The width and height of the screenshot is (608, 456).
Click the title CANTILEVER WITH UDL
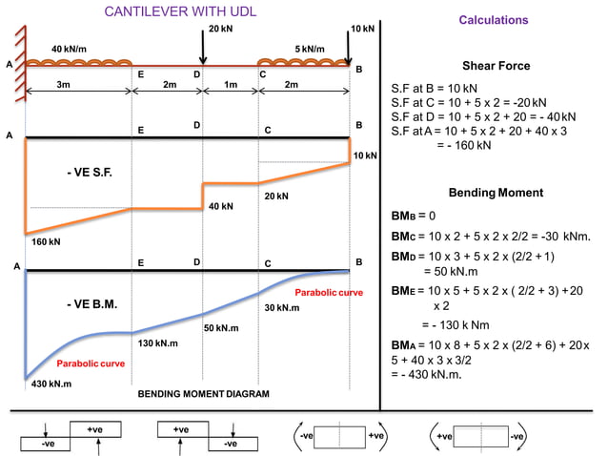[x=180, y=11]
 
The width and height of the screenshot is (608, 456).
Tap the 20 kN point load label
[x=221, y=29]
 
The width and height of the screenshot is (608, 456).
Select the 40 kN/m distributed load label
[x=69, y=50]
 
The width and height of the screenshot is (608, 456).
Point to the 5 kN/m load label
[x=310, y=50]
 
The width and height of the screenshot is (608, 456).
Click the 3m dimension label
[x=63, y=84]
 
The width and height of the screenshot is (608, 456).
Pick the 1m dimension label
[x=231, y=84]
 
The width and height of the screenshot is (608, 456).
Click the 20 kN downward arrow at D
[x=202, y=47]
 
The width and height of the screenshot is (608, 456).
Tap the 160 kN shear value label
[x=46, y=241]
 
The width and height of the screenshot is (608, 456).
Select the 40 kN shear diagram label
[x=221, y=206]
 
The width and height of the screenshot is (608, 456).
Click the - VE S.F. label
[x=90, y=173]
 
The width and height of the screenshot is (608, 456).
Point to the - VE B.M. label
[x=91, y=304]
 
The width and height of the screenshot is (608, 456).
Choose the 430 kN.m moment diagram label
[x=51, y=383]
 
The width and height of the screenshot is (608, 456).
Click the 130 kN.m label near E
[x=158, y=343]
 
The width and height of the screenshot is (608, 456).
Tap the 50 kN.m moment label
[x=221, y=328]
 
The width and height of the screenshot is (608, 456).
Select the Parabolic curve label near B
[x=329, y=293]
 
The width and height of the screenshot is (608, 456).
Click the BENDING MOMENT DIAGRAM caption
[x=204, y=394]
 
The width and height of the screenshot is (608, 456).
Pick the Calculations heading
[x=494, y=20]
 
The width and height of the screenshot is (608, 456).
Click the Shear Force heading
[x=497, y=66]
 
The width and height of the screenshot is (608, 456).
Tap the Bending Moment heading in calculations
[x=496, y=193]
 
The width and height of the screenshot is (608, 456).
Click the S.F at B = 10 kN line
[x=435, y=89]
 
